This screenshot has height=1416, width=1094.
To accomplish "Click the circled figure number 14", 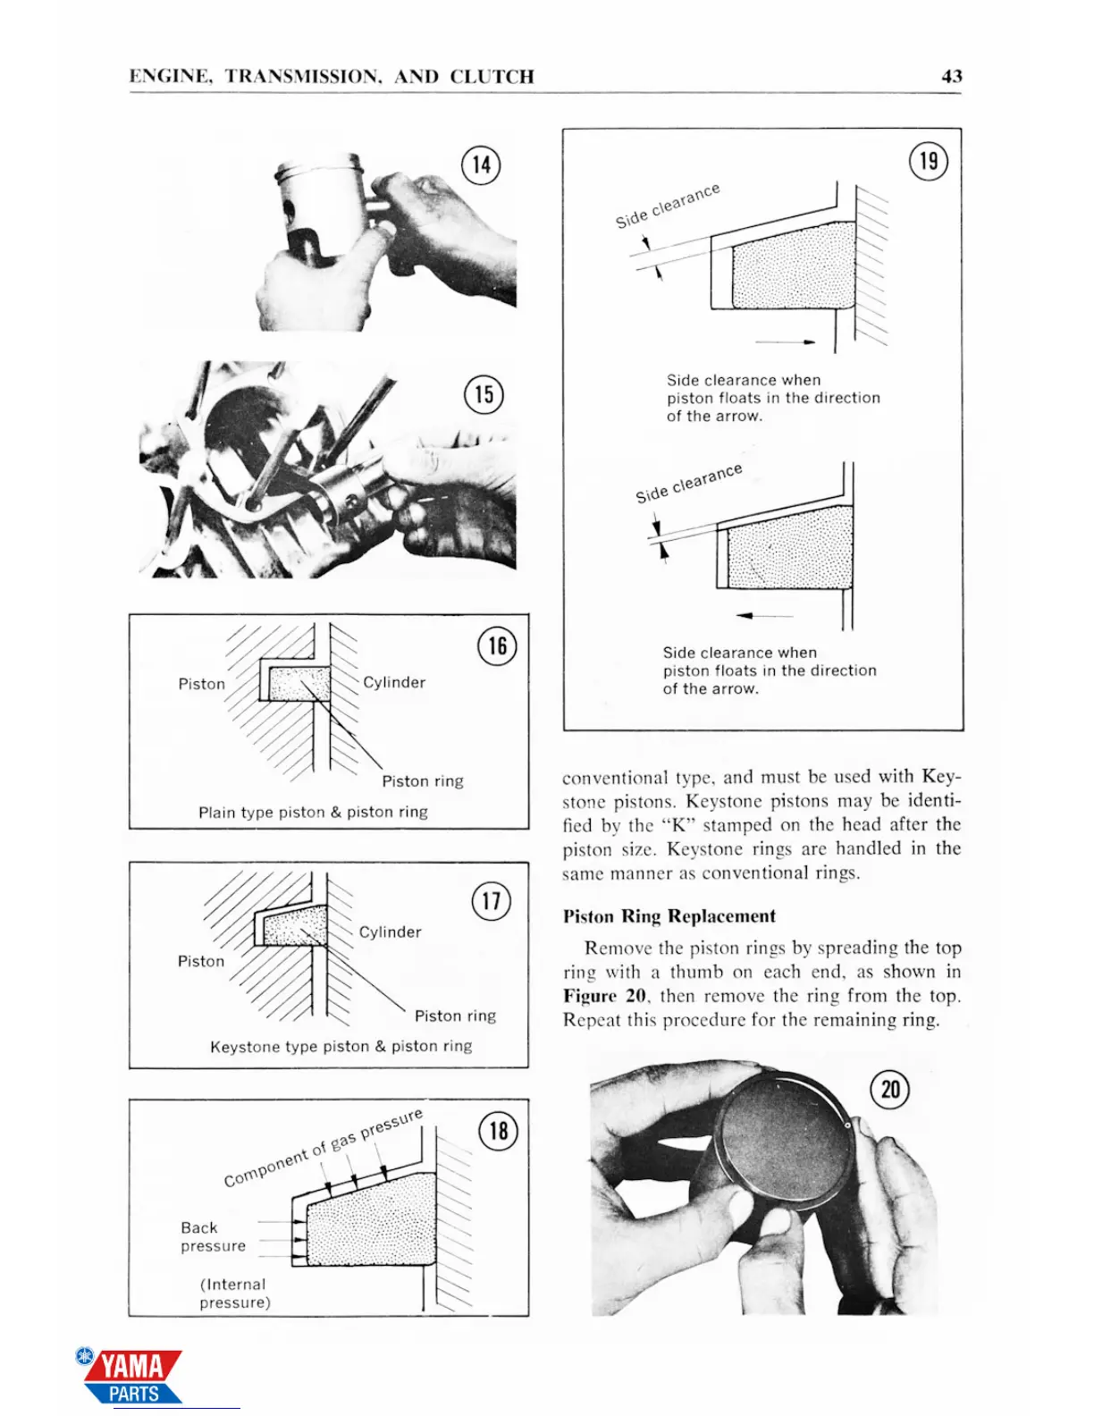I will click(x=481, y=165).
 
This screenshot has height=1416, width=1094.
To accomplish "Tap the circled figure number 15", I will click(x=484, y=394).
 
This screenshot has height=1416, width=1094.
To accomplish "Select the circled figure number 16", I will click(x=497, y=645).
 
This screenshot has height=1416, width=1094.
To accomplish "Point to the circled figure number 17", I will click(x=491, y=900).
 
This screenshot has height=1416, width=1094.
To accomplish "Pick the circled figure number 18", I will click(x=498, y=1131).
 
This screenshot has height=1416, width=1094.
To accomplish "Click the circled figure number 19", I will click(x=929, y=161).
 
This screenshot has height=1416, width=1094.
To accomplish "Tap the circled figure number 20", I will click(x=890, y=1090).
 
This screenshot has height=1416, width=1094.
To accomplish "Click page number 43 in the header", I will click(x=952, y=77).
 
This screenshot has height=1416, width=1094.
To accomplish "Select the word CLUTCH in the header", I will click(x=492, y=77).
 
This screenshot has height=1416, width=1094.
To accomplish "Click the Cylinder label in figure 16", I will click(x=394, y=682).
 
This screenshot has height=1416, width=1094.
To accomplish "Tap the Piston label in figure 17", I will click(x=201, y=961).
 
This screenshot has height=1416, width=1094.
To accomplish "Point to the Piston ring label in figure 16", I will click(x=423, y=781).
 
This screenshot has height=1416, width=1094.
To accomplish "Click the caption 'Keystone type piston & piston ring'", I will click(x=341, y=1046).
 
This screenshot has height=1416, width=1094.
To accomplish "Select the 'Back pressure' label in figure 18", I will click(x=213, y=1236).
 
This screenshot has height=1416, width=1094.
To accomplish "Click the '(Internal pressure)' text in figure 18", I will click(x=234, y=1294).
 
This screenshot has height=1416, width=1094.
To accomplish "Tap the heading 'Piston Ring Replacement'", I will click(x=669, y=916).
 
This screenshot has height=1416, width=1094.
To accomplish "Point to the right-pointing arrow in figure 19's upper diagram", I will click(x=786, y=341).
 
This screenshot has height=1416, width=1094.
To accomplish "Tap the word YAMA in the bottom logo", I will click(x=131, y=1367).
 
